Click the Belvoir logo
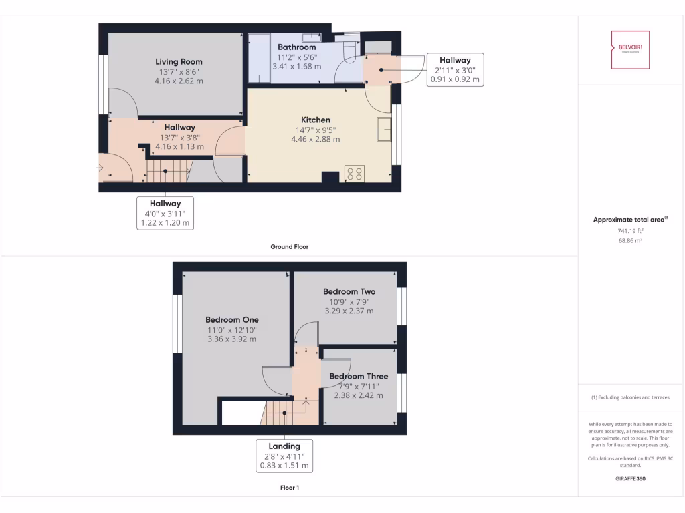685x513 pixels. click(630, 50)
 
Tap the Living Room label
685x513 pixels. click(180, 61)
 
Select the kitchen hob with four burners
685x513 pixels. click(354, 174)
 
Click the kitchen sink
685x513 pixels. click(384, 130)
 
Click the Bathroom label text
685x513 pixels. click(297, 47)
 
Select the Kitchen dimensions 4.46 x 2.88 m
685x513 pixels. click(315, 140)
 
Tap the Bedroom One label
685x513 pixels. click(231, 319)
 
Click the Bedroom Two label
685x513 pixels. click(349, 291)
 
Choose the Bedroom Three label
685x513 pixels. click(359, 376)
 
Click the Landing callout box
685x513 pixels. click(284, 456)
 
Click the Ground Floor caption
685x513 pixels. click(289, 246)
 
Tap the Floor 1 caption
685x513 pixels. click(289, 488)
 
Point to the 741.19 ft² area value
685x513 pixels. click(629, 230)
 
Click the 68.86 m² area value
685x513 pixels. click(629, 240)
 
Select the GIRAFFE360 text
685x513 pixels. click(629, 478)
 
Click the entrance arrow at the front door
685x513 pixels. click(101, 167)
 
